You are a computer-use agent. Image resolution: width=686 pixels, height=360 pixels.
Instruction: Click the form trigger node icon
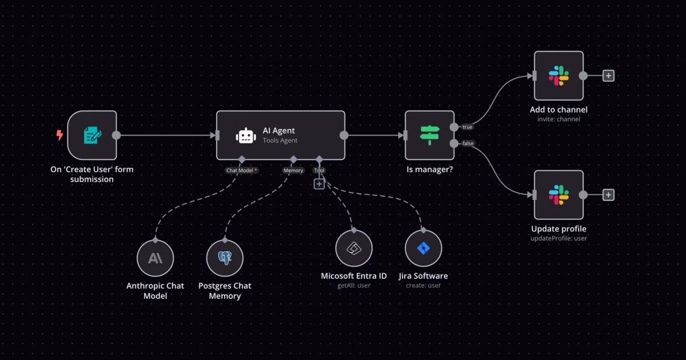click(92, 135)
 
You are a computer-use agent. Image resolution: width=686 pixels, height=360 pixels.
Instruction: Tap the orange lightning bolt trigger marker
click(59, 135)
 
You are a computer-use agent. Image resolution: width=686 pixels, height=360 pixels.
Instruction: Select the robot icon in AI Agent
click(246, 135)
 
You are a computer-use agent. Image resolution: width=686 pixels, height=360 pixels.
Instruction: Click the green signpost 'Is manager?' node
click(430, 135)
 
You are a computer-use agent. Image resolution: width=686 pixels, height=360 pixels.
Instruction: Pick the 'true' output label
click(468, 127)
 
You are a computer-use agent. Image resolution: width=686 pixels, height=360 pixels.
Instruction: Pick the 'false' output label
click(468, 143)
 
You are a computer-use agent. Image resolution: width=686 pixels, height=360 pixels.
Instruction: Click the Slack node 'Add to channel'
click(559, 75)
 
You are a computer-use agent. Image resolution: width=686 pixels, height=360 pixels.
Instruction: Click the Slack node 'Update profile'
click(559, 195)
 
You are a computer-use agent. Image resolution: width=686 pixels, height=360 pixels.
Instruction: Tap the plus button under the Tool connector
click(319, 184)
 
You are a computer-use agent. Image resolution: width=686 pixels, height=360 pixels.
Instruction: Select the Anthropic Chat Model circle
click(155, 258)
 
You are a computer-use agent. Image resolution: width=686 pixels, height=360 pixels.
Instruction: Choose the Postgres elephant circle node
click(225, 258)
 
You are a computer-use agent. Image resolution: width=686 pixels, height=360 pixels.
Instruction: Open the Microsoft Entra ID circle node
click(354, 248)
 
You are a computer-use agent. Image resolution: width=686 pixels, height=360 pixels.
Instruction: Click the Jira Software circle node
click(424, 248)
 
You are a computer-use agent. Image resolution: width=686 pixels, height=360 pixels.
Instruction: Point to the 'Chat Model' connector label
click(240, 170)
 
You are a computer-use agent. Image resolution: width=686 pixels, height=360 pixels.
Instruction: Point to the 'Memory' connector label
click(293, 170)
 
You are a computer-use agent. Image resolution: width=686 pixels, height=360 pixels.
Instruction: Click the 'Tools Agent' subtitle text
click(280, 140)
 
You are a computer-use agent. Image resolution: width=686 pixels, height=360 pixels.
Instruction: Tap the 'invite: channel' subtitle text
click(559, 119)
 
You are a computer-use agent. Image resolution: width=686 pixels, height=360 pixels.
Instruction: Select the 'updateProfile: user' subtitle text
click(559, 238)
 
